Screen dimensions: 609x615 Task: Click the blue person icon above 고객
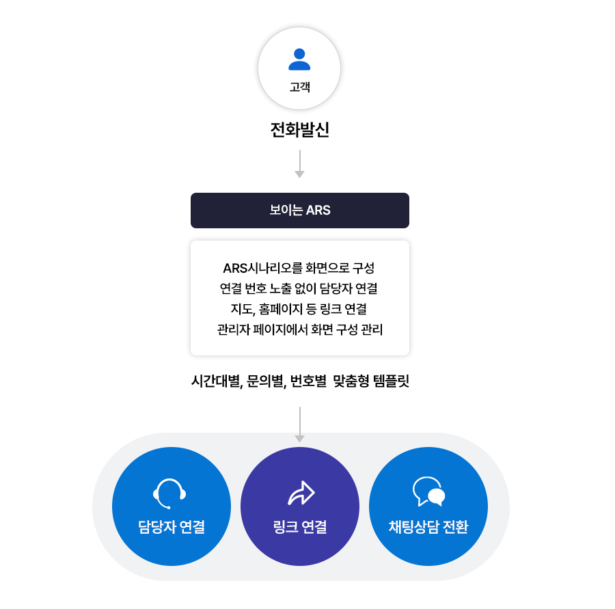299,59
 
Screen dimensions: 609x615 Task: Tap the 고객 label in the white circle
299,87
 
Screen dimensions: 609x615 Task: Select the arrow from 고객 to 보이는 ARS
299,165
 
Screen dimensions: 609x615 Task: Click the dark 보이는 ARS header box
299,211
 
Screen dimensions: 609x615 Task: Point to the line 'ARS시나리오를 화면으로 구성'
299,267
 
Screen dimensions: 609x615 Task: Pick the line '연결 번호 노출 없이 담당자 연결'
299,288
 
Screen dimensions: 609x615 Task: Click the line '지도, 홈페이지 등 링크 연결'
299,309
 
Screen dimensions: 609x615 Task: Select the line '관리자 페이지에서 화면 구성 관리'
299,329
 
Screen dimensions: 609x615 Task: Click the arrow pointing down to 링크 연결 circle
299,424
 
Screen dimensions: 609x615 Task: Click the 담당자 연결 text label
171,527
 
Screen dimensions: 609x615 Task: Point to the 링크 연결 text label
299,527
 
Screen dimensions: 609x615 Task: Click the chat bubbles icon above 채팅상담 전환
428,491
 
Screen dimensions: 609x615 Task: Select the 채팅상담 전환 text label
428,527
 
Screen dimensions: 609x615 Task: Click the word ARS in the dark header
318,211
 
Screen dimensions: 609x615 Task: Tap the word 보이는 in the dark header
286,211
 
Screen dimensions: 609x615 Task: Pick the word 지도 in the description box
242,309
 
